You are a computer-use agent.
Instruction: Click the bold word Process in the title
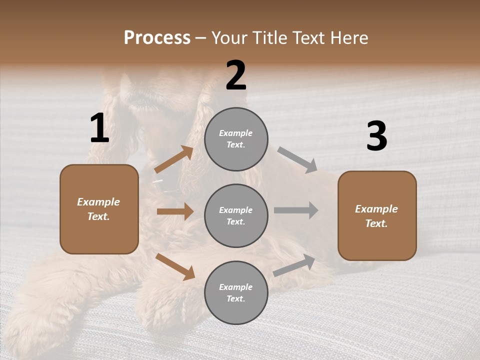pyautogui.click(x=157, y=38)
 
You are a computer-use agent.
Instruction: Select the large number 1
pyautogui.click(x=99, y=128)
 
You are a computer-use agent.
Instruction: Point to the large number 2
pyautogui.click(x=236, y=75)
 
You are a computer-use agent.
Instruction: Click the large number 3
pyautogui.click(x=376, y=136)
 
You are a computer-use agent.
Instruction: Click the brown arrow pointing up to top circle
pyautogui.click(x=174, y=160)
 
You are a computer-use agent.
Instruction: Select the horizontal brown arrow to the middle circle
pyautogui.click(x=175, y=211)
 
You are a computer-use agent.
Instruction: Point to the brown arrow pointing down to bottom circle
pyautogui.click(x=175, y=266)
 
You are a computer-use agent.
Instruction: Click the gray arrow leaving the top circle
pyautogui.click(x=297, y=160)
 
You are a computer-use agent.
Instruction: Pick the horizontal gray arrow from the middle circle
pyautogui.click(x=296, y=210)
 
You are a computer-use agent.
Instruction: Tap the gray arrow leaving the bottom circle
pyautogui.click(x=294, y=265)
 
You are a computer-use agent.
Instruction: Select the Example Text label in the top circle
pyautogui.click(x=236, y=139)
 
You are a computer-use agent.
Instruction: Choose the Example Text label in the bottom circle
pyautogui.click(x=236, y=293)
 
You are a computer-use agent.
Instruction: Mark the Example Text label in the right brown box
pyautogui.click(x=376, y=216)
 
